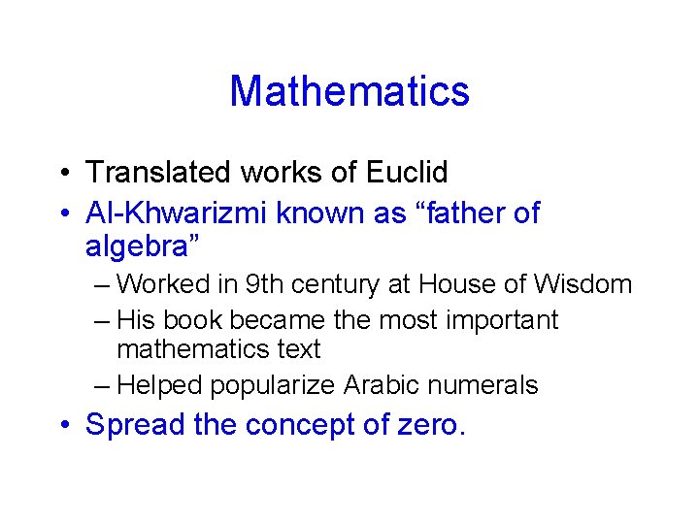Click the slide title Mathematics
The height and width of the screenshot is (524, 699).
point(349,91)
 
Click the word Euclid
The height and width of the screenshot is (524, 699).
point(407,173)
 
